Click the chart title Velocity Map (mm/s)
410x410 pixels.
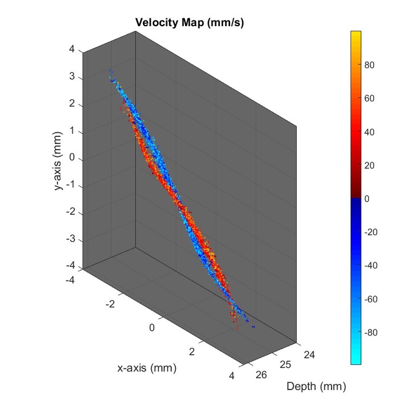click(190, 22)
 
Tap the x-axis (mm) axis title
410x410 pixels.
click(147, 368)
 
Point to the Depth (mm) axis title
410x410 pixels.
click(315, 387)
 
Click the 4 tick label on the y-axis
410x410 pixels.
click(72, 50)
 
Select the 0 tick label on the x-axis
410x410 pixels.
click(152, 327)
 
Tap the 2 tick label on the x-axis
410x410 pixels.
click(192, 352)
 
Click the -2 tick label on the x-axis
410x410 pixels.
click(110, 304)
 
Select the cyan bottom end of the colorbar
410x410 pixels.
click(356, 361)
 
